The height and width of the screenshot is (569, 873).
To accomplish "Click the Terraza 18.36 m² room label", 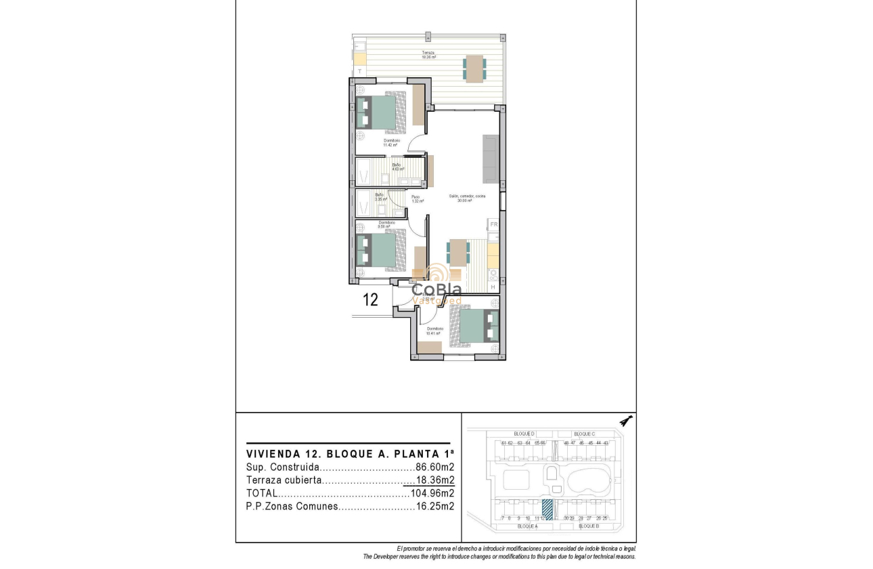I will (x=428, y=55).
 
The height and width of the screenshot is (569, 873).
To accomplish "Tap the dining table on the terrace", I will (x=474, y=68).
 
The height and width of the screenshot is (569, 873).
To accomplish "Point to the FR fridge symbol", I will (x=493, y=224).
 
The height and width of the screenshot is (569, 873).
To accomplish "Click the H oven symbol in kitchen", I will (x=493, y=287).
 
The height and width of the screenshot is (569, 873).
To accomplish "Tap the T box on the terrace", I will (x=360, y=71).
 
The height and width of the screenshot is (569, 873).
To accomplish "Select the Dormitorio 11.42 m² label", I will (x=390, y=142).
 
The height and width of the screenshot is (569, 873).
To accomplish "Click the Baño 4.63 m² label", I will (x=397, y=167).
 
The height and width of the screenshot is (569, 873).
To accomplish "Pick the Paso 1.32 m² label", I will (x=416, y=199).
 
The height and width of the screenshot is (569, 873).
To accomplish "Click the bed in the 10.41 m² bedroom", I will (x=478, y=326).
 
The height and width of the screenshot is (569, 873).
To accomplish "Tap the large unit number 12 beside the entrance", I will (x=370, y=299).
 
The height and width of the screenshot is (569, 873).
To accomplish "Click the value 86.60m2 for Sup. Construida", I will (x=434, y=467).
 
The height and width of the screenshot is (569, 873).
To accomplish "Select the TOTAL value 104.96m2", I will (x=432, y=493).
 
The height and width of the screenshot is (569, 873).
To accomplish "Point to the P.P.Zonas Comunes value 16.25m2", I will (x=434, y=506).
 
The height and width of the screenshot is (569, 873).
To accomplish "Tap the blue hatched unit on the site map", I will (x=547, y=509).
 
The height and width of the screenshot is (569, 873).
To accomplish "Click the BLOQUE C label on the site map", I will (x=584, y=434).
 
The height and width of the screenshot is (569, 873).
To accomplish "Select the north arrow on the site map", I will (x=626, y=421).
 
